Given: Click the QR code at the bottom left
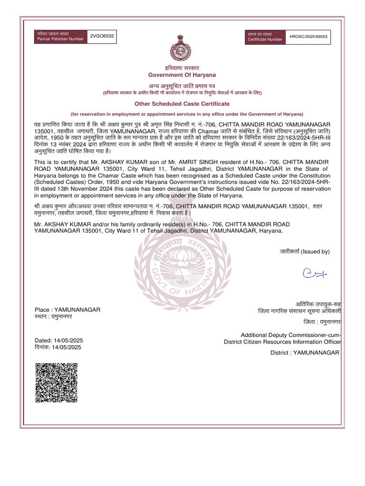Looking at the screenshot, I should pyautogui.click(x=56, y=383).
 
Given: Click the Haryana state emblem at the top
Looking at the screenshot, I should pyautogui.click(x=182, y=47).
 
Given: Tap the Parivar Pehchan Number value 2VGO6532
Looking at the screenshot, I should pyautogui.click(x=102, y=37).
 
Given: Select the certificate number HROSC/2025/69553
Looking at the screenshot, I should pyautogui.click(x=309, y=37).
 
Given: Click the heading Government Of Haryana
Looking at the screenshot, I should pyautogui.click(x=182, y=75).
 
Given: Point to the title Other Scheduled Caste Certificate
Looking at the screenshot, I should pyautogui.click(x=182, y=103).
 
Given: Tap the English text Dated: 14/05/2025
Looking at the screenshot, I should pyautogui.click(x=59, y=341).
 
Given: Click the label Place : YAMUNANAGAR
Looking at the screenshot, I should pyautogui.click(x=67, y=309).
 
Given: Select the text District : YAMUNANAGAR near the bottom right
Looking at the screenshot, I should pyautogui.click(x=305, y=353).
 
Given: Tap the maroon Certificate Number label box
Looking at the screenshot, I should pyautogui.click(x=265, y=37).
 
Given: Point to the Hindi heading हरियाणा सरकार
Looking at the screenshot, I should pyautogui.click(x=182, y=68).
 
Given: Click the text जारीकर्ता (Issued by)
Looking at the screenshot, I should pyautogui.click(x=304, y=252).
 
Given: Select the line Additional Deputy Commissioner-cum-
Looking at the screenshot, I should pyautogui.click(x=291, y=335).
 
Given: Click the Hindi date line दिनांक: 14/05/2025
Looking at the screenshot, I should pyautogui.click(x=58, y=347).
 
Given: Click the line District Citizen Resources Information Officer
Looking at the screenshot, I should pyautogui.click(x=282, y=342).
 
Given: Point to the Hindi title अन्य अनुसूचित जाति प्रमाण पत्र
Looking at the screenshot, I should pyautogui.click(x=182, y=85).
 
